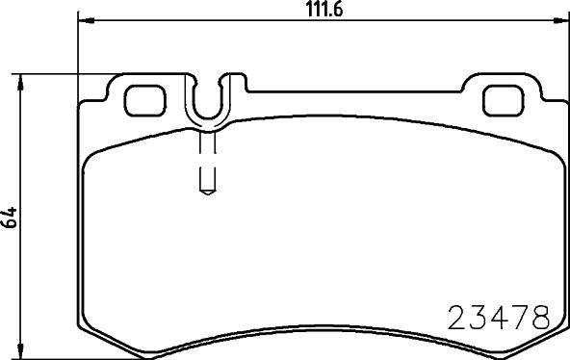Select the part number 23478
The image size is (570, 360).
click(x=499, y=317)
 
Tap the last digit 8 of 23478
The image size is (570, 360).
click(x=539, y=317)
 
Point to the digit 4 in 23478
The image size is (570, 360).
click(x=499, y=317)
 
